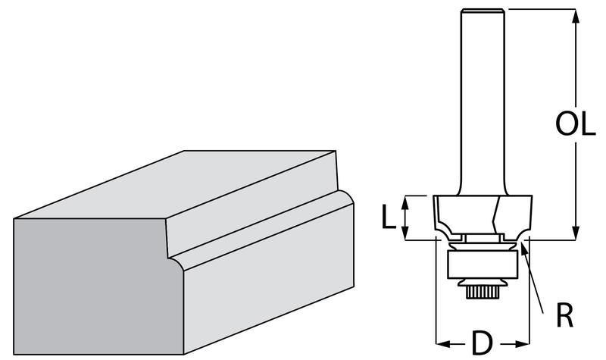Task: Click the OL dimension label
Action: click(x=575, y=124)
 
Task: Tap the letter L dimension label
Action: click(x=389, y=217)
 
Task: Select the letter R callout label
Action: click(x=564, y=315)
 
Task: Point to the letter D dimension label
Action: click(x=483, y=343)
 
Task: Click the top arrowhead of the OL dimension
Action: click(x=576, y=15)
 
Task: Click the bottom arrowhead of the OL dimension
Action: click(x=576, y=233)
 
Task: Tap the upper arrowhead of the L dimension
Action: click(x=405, y=202)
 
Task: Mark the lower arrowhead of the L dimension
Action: click(x=405, y=233)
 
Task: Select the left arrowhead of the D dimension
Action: click(x=443, y=344)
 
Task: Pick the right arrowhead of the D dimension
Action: click(x=522, y=344)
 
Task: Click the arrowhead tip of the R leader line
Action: click(x=521, y=242)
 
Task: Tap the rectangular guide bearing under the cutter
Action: click(x=483, y=265)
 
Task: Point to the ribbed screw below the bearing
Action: click(x=483, y=293)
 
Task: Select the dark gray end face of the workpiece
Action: click(x=97, y=286)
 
